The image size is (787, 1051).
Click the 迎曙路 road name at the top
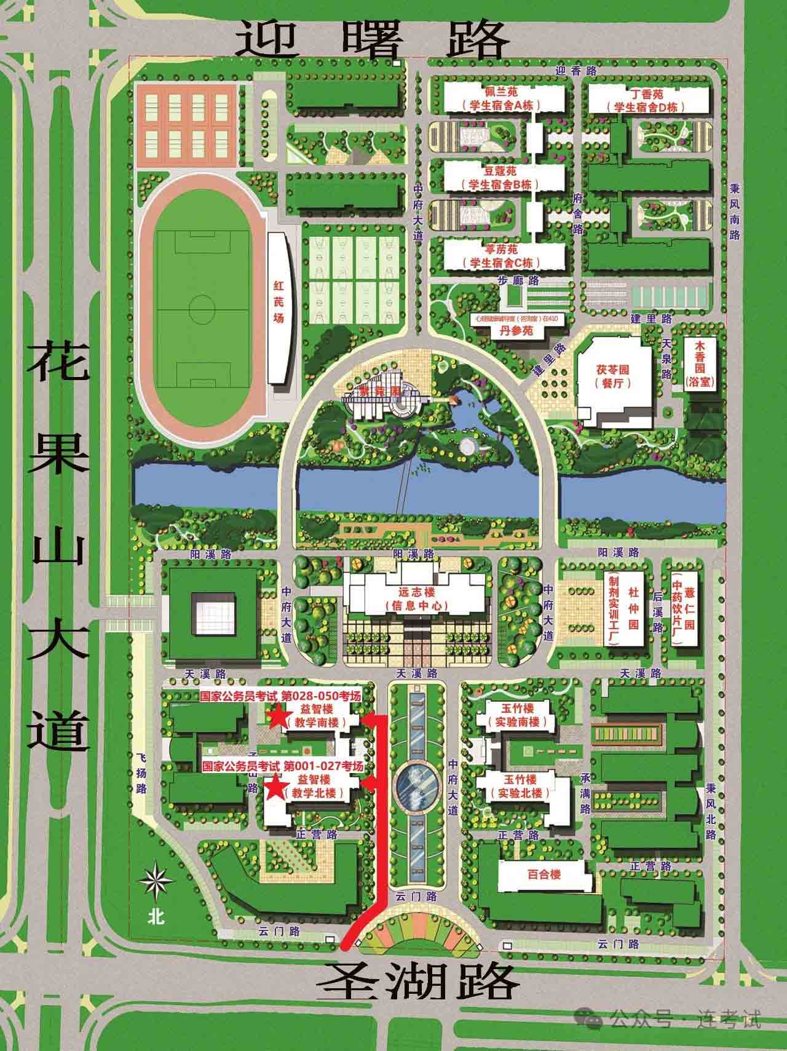click(x=373, y=38)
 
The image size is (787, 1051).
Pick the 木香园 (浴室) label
click(x=698, y=364)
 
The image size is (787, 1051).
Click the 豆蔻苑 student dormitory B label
click(x=504, y=177)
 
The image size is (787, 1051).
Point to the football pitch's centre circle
click(x=200, y=306)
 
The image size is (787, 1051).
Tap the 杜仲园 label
click(x=633, y=608)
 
